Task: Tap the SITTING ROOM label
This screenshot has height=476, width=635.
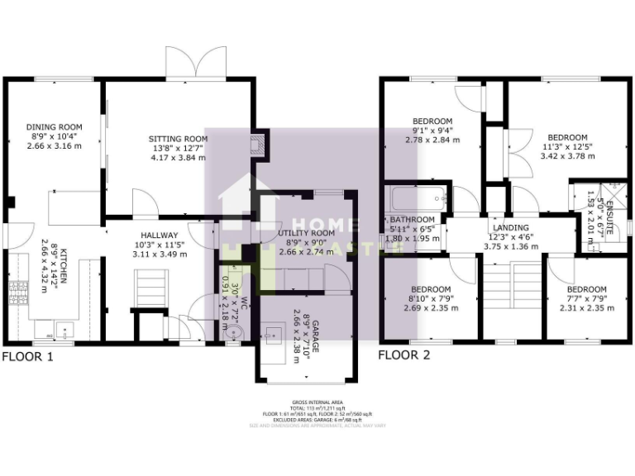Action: (177, 138)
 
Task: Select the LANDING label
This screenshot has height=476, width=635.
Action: (510, 228)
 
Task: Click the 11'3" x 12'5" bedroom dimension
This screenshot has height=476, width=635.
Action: (567, 148)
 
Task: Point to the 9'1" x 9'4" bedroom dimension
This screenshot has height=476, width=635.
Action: (432, 130)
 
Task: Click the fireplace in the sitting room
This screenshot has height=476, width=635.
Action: (259, 147)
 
